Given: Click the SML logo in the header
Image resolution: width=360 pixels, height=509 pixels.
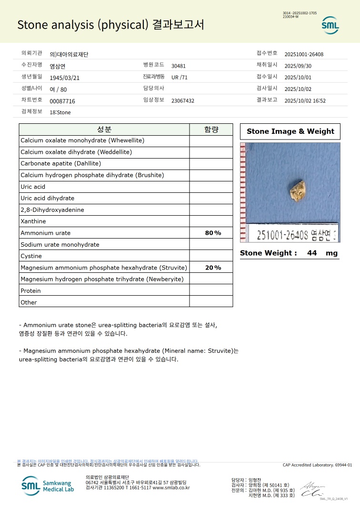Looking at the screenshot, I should pos(330,25).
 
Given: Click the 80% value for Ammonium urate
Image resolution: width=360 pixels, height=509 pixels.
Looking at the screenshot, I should pos(213,233).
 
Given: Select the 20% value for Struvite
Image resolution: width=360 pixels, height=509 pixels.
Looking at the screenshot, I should pos(213,268).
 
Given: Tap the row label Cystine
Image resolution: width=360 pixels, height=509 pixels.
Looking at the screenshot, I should pos(31,256).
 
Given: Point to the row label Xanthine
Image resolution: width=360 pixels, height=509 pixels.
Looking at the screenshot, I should pos(33,221).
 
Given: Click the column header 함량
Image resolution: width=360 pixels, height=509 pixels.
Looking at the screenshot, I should pos(211,130).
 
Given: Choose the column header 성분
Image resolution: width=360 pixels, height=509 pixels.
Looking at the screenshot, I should pos(104,130).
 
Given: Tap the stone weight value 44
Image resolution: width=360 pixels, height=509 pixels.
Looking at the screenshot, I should pos(312,253).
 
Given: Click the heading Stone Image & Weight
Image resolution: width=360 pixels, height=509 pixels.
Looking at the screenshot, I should pos(290,131).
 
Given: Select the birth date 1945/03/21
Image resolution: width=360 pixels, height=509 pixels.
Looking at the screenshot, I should pos(65,78).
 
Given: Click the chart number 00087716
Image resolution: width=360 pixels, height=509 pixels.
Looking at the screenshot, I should pos(62,101).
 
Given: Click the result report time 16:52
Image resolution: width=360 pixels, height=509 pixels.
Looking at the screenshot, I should pos(319,100).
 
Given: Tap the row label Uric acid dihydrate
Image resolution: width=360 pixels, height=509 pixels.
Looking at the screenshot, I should pos(48,198).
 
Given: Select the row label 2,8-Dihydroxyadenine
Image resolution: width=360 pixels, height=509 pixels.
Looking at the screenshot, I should pos(52,210).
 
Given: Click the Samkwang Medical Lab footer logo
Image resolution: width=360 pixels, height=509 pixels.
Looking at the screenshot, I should pos(48,486).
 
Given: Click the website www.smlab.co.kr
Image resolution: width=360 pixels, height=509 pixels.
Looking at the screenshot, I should pos(171,488).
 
